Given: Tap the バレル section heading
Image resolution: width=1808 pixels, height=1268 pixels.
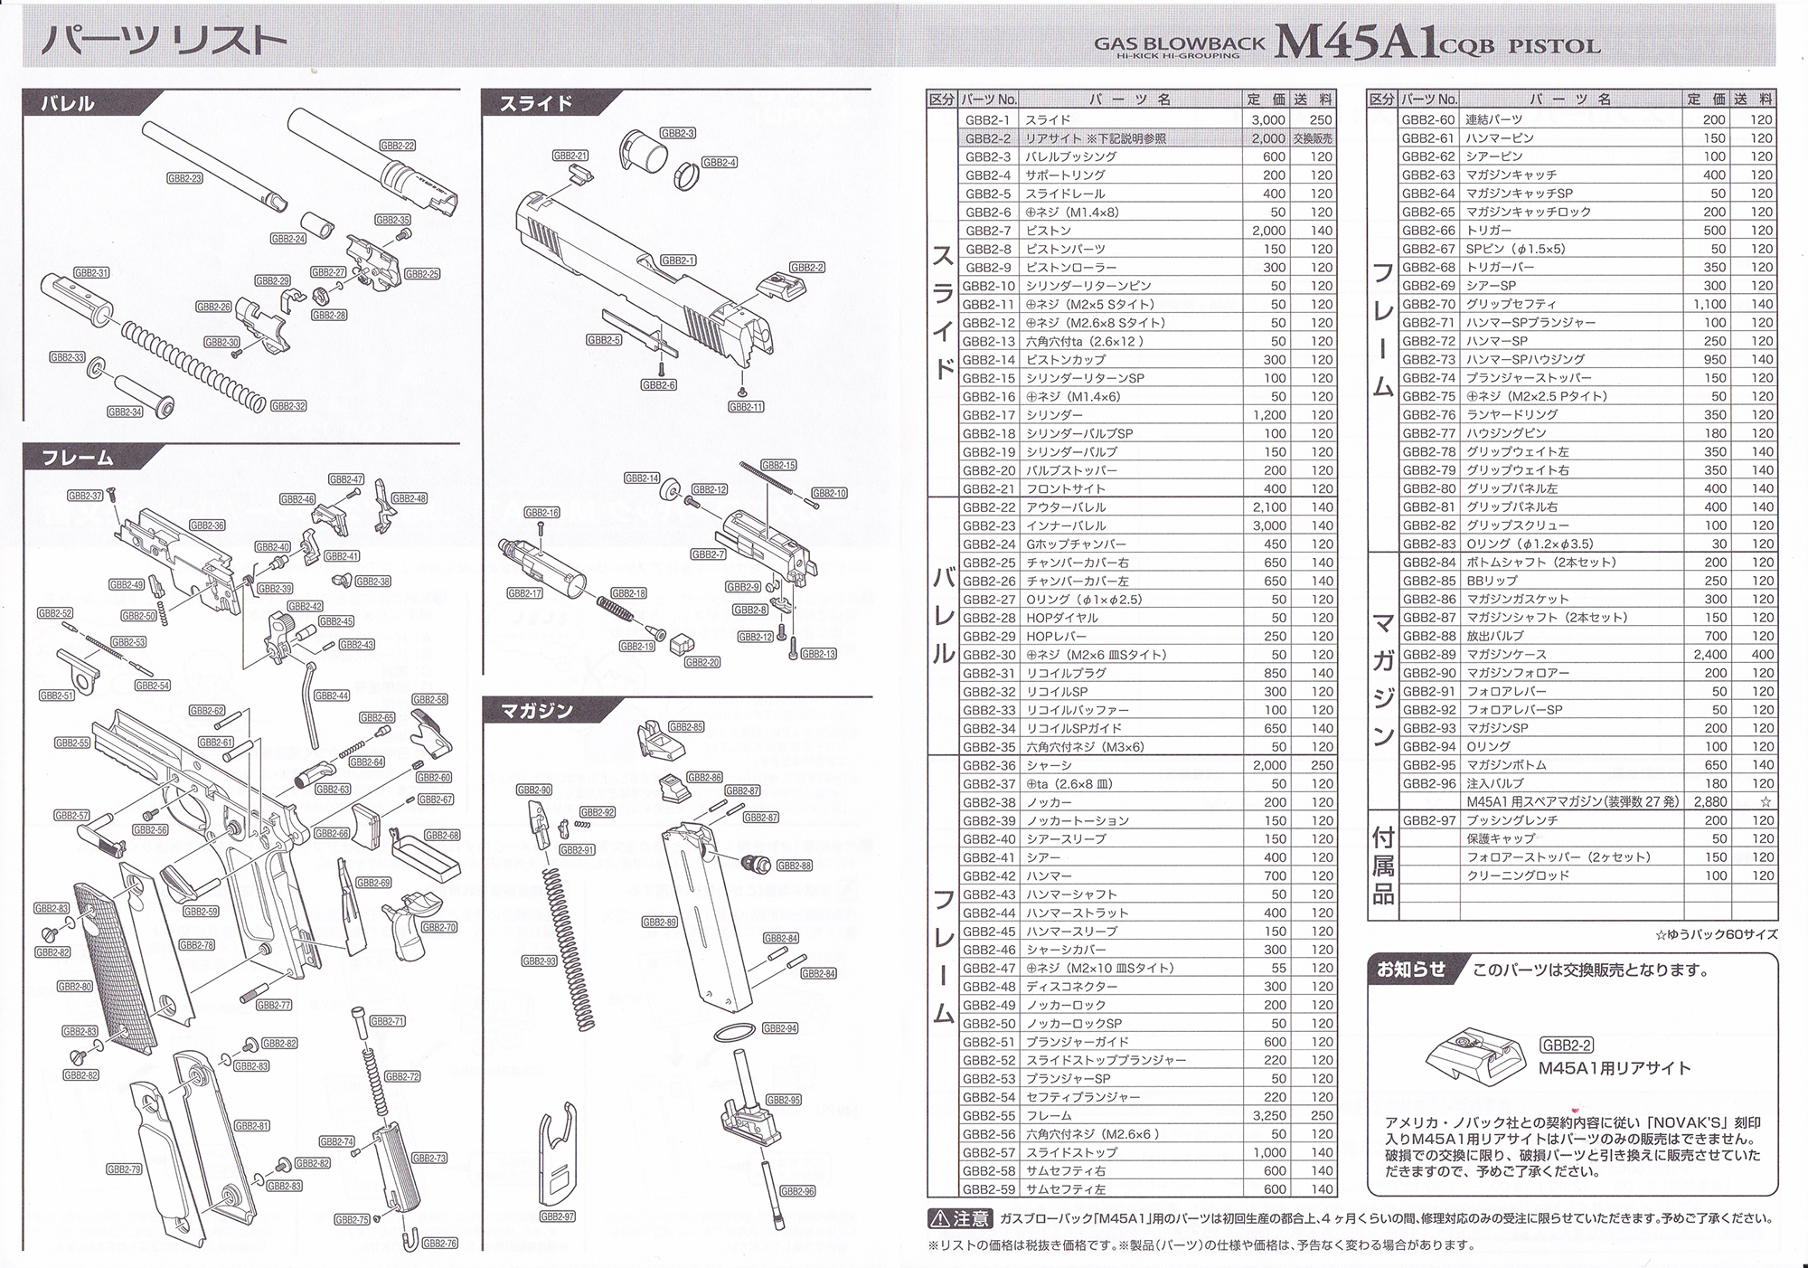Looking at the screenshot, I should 68,103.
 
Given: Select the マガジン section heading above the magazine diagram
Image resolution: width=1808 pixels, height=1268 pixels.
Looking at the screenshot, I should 537,711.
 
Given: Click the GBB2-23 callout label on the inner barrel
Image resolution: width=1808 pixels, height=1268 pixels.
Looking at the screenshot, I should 184,179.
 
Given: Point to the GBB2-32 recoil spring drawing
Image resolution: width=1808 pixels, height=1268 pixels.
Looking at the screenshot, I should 195,361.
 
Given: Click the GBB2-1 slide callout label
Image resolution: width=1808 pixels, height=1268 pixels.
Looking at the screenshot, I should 678,260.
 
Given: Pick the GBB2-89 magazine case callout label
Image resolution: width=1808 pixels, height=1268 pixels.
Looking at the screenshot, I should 659,922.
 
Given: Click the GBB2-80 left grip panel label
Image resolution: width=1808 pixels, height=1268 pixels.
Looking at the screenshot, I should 74,987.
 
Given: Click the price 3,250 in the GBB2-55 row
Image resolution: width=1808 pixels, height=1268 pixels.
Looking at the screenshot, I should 1269,1116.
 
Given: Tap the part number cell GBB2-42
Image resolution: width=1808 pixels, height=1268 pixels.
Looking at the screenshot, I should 988,875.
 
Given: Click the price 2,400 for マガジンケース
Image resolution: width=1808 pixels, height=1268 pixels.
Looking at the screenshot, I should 1709,654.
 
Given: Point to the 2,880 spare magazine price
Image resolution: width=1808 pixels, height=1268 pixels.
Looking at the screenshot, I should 1709,801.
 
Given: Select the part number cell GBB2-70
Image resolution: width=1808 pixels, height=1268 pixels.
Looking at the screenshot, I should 1428,304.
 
